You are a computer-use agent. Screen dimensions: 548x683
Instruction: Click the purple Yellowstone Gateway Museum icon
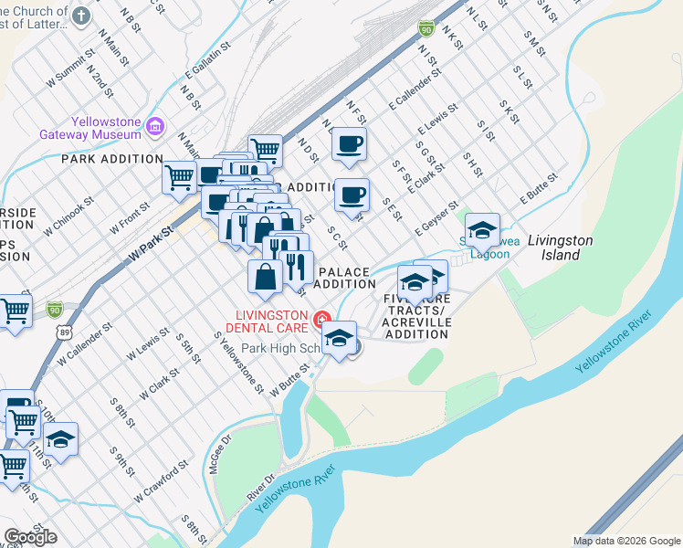pyautogui.click(x=154, y=125)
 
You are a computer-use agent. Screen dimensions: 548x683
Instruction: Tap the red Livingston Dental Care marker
pyautogui.click(x=320, y=320)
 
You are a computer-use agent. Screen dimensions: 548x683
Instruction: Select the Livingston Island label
pyautogui.click(x=561, y=248)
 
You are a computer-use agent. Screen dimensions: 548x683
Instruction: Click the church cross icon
pyautogui.click(x=81, y=16)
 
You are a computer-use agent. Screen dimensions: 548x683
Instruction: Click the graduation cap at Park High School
pyautogui.click(x=340, y=337)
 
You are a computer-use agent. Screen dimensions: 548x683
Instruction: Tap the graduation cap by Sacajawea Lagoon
pyautogui.click(x=482, y=230)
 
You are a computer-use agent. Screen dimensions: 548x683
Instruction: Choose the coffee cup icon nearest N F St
pyautogui.click(x=349, y=143)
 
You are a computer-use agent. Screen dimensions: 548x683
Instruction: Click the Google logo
pyautogui.click(x=30, y=537)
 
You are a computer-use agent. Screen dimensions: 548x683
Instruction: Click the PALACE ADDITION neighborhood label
pyautogui.click(x=344, y=278)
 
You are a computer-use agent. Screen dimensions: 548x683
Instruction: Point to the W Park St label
pyautogui.click(x=151, y=246)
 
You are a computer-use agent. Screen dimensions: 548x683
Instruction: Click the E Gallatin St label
pyautogui.click(x=205, y=63)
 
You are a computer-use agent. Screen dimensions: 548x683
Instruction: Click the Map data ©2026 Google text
pyautogui.click(x=626, y=541)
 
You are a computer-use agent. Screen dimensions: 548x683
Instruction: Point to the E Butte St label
pyautogui.click(x=539, y=187)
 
